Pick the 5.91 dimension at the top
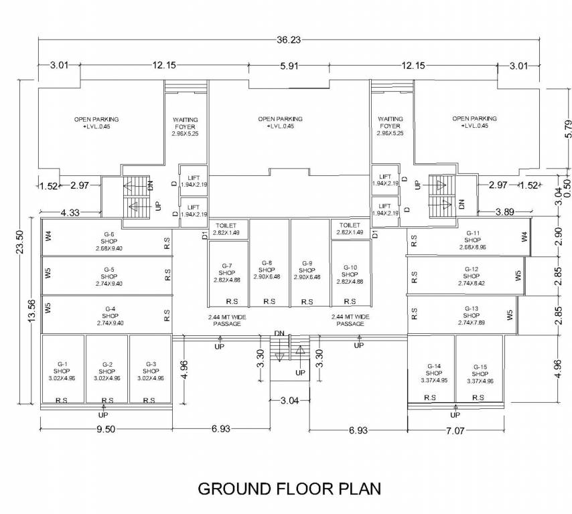click(x=288, y=66)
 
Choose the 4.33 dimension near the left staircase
click(x=70, y=213)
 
